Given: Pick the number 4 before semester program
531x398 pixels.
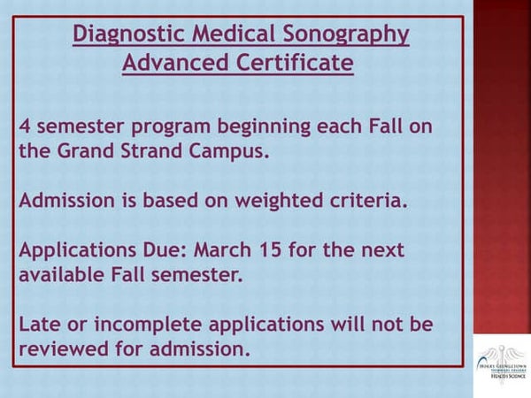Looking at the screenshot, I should [24, 126].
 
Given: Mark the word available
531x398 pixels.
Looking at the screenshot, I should [62, 274].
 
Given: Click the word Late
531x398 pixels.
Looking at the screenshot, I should [39, 324].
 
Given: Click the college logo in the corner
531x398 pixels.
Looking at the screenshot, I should [500, 357].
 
